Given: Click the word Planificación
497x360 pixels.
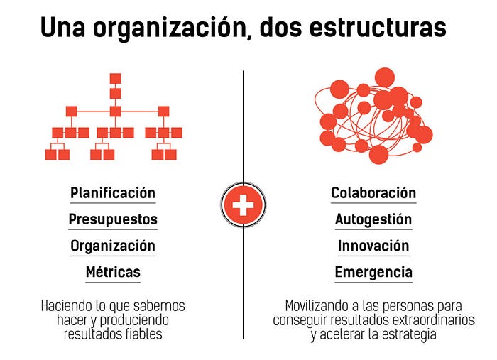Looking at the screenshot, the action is (x=112, y=193).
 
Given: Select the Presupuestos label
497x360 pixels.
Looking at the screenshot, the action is (x=112, y=219).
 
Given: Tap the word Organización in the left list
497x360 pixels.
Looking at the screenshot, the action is (x=112, y=246).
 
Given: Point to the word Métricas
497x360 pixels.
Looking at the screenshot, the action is (x=112, y=272).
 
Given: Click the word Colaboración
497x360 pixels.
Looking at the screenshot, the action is (x=373, y=193).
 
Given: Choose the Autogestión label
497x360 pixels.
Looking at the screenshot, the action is (x=373, y=219).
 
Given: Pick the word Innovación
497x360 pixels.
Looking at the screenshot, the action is (x=373, y=246).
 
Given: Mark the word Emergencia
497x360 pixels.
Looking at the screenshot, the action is (x=373, y=272).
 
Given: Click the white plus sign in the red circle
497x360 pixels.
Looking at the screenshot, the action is (x=244, y=206).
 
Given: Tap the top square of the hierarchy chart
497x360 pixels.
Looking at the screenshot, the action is (x=115, y=78).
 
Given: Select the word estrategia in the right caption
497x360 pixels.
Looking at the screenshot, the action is (x=404, y=334).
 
